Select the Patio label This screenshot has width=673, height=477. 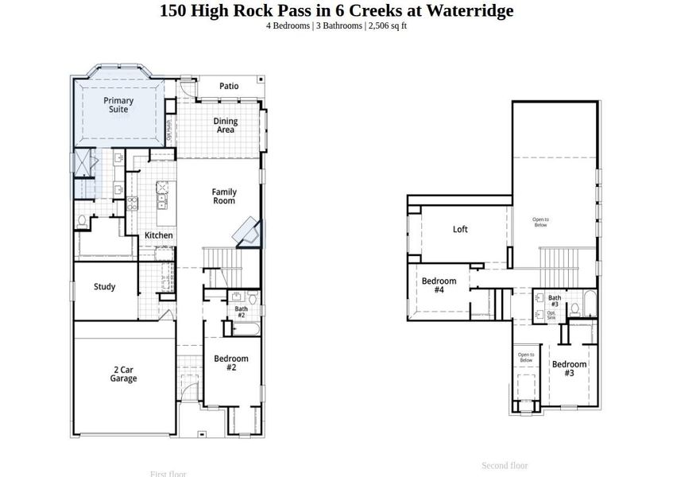pyautogui.click(x=229, y=86)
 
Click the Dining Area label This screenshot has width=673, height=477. pyautogui.click(x=226, y=125)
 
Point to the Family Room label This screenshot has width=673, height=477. pyautogui.click(x=223, y=196)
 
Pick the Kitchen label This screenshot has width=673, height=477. pyautogui.click(x=158, y=235)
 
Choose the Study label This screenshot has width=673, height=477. pyautogui.click(x=105, y=287)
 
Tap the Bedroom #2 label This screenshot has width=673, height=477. pyautogui.click(x=230, y=363)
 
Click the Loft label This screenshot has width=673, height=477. pyautogui.click(x=460, y=230)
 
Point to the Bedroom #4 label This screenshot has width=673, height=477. pyautogui.click(x=439, y=285)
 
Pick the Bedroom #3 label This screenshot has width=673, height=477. pyautogui.click(x=569, y=368)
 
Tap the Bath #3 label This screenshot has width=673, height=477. pyautogui.click(x=555, y=301)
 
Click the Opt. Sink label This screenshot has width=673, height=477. pyautogui.click(x=552, y=315)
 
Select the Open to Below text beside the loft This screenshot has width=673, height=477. pyautogui.click(x=540, y=222)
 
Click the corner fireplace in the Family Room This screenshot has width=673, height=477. pyautogui.click(x=247, y=232)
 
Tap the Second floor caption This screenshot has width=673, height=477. pyautogui.click(x=505, y=465)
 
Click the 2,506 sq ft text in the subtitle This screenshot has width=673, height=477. pyautogui.click(x=387, y=25)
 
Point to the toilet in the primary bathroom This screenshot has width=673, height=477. pyautogui.click(x=83, y=220)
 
